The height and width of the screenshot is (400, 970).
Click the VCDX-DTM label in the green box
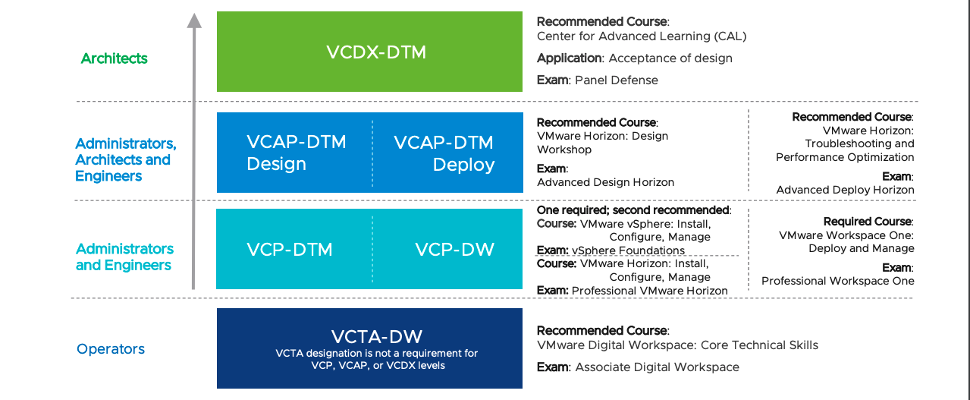pos(376,52)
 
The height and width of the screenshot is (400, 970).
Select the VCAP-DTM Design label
pos(297,153)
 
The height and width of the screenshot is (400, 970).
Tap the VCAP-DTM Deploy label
pos(444,154)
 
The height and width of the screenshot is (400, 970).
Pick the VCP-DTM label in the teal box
pos(289,250)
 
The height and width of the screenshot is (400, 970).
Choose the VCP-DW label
pos(455,250)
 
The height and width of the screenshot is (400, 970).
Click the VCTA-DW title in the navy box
pos(376,337)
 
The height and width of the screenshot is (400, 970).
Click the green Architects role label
pos(114,58)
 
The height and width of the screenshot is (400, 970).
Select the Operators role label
pos(111,349)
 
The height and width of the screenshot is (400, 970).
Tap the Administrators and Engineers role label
pos(124,257)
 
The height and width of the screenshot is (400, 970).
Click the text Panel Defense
pos(617,80)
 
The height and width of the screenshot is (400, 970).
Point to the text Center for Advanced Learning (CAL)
pos(642,36)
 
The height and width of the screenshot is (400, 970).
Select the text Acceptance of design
pos(670,58)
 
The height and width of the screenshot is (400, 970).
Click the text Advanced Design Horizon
pos(605,182)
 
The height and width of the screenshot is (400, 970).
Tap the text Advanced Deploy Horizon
pos(845,190)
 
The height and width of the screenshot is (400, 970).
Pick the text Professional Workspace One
pos(837,281)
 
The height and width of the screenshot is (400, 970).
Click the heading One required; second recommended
pos(633,210)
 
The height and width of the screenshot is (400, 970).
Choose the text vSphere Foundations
pos(628,250)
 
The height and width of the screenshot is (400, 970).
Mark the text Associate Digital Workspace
pos(657,367)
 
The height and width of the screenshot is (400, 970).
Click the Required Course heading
pos(868,222)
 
